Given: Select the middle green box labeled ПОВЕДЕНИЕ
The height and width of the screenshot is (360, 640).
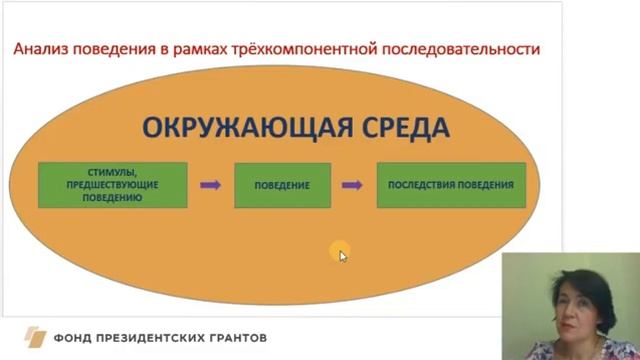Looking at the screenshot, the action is pos(282,185).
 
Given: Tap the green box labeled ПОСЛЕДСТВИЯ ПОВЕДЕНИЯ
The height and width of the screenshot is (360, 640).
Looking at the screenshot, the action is pos(451,185).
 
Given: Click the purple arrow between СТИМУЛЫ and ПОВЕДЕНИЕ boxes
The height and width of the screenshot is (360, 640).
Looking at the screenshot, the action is pos(210,185).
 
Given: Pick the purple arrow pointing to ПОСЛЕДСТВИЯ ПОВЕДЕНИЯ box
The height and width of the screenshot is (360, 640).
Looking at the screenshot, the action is pos(351,185).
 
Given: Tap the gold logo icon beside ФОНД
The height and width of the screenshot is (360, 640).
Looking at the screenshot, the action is pos(36,338).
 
